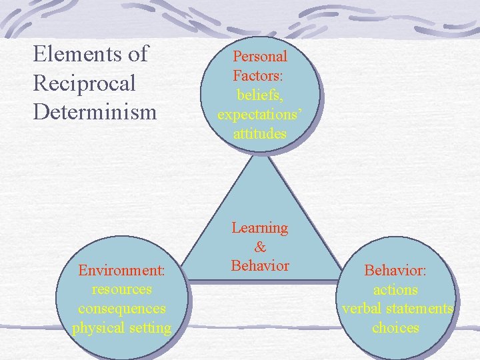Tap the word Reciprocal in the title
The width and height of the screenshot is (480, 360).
click(84, 83)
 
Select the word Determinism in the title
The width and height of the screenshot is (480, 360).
click(94, 111)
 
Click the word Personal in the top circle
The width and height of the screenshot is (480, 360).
click(260, 57)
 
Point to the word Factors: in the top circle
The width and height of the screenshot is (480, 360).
click(259, 76)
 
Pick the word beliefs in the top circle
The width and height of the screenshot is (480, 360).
click(260, 95)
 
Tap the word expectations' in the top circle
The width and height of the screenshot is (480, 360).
click(260, 115)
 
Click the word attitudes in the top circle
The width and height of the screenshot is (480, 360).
click(260, 134)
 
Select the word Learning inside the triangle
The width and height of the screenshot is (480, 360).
click(260, 228)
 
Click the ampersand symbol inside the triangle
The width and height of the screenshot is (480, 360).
click(260, 247)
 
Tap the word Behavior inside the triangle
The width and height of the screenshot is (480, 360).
click(260, 266)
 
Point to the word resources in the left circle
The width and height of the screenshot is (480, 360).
click(122, 290)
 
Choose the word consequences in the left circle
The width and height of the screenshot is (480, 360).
click(122, 309)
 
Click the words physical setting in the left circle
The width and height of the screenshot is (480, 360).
click(122, 328)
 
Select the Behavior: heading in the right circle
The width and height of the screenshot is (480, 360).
click(396, 271)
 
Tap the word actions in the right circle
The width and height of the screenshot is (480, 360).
click(396, 290)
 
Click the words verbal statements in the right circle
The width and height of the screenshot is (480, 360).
click(397, 309)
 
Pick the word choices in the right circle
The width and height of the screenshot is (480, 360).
click(396, 328)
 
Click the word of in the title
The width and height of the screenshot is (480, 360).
click(139, 53)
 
